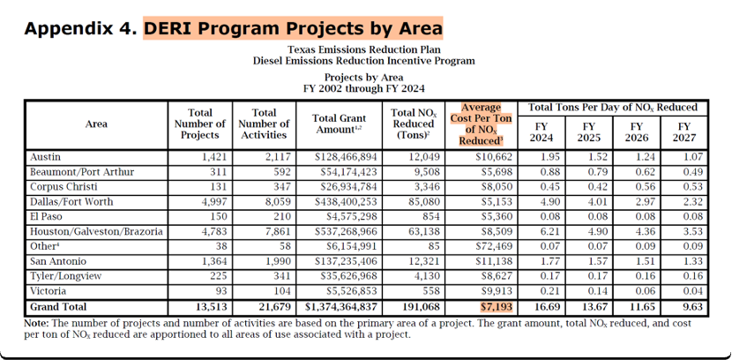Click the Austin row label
tap(45, 157)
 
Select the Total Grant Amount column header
tap(338, 124)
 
